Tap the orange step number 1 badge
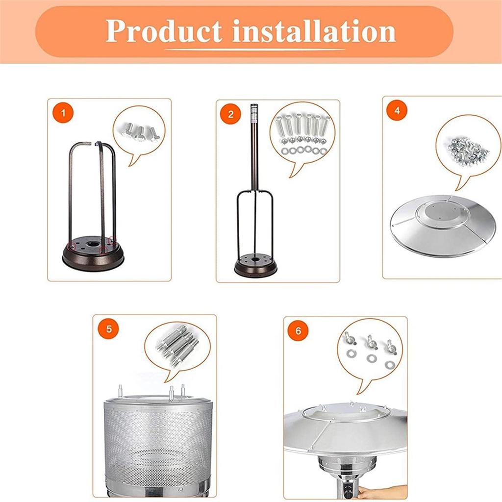(x=62, y=113)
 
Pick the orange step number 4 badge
(x=397, y=110)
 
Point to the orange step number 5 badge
(x=109, y=328)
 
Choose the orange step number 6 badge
(x=298, y=331)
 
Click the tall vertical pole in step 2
(x=254, y=147)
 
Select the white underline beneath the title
(x=255, y=50)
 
